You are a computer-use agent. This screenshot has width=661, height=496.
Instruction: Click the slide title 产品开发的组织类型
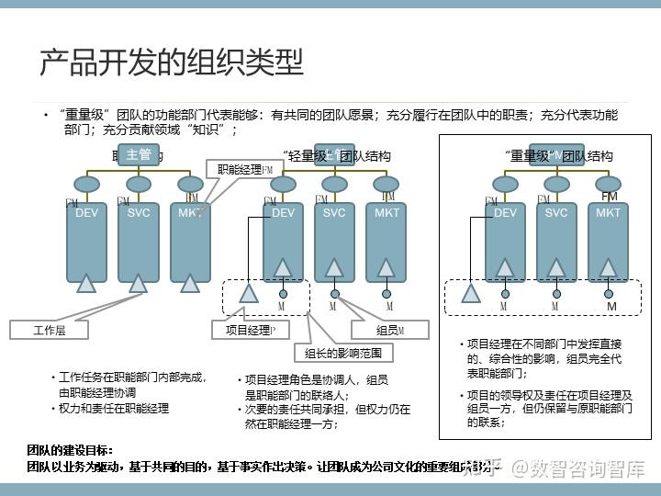[171, 62]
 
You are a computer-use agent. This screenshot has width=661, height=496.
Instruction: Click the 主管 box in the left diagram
[139, 154]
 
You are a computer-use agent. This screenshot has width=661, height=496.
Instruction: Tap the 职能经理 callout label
[241, 170]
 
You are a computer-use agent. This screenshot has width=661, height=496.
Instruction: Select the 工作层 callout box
[49, 329]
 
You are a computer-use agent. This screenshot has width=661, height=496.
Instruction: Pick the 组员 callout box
[390, 329]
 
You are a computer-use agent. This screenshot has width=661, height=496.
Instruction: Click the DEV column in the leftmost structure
[86, 242]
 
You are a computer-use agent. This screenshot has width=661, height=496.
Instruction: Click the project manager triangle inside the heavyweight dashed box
[471, 294]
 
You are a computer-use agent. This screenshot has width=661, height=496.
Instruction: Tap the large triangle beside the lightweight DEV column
[249, 294]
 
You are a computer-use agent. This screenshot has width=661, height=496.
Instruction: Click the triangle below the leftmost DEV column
[86, 284]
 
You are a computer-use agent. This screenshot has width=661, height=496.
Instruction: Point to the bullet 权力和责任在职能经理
[114, 408]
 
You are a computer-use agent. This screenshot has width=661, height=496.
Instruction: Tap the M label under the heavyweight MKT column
[611, 306]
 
